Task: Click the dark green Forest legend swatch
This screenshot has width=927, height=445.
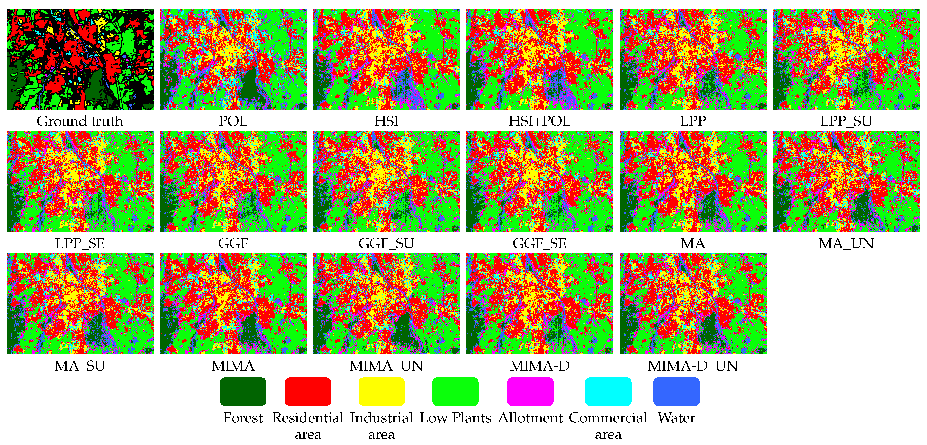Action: pos(243,391)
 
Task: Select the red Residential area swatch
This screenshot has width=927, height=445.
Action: pos(308,391)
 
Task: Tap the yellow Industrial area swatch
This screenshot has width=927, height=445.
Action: pos(381,391)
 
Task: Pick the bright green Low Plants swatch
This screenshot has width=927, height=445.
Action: pos(455,391)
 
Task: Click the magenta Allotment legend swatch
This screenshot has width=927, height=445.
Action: pos(530,391)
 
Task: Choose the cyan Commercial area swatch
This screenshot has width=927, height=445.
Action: pos(608,391)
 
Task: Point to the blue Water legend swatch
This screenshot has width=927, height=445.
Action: pos(676,391)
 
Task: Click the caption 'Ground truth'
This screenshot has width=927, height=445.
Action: pos(80,121)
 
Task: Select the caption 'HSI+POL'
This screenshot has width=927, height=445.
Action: pos(540,121)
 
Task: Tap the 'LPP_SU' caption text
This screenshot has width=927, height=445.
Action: pos(846,121)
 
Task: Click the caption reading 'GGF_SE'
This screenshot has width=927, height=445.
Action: pos(540,244)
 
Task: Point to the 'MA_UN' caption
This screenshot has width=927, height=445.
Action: pos(846,244)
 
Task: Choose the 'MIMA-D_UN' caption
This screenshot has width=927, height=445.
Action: pos(693,366)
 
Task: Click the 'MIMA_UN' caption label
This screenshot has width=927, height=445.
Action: pos(386,366)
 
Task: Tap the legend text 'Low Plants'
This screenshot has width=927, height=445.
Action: pos(455,418)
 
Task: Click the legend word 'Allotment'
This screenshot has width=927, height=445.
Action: pos(530,418)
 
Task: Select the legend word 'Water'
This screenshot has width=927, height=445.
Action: pos(676,418)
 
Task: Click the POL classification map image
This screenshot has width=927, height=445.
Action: pos(233,59)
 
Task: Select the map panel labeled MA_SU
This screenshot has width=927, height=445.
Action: pos(80,304)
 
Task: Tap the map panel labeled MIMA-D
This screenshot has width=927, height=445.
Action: pos(540,304)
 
